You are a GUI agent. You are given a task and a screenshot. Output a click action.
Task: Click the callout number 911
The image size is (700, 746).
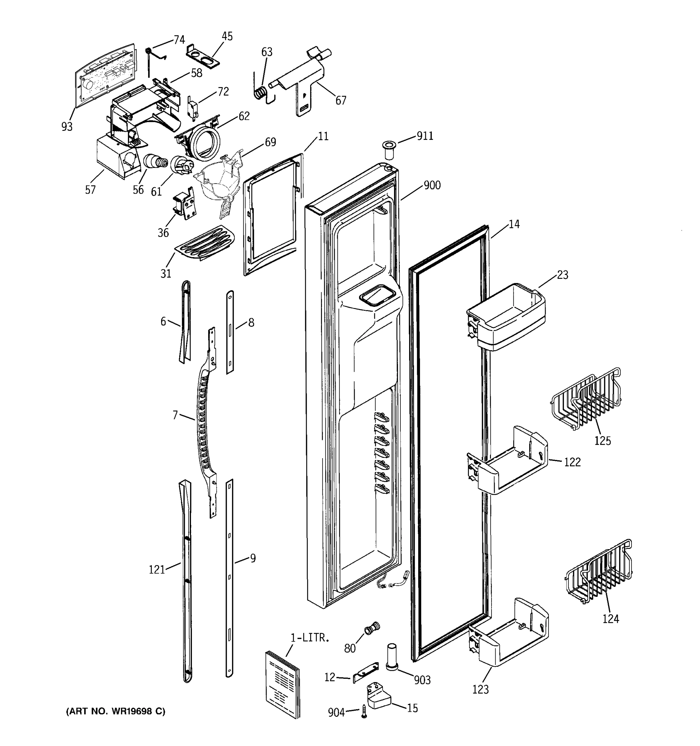click(x=425, y=136)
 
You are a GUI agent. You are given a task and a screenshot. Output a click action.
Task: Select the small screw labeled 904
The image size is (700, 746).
click(x=364, y=711)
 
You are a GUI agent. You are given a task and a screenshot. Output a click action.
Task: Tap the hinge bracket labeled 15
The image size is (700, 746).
click(x=378, y=697)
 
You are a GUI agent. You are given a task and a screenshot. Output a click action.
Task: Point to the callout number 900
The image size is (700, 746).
click(x=432, y=185)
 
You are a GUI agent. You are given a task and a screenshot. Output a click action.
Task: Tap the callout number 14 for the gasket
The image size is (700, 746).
click(x=514, y=224)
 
